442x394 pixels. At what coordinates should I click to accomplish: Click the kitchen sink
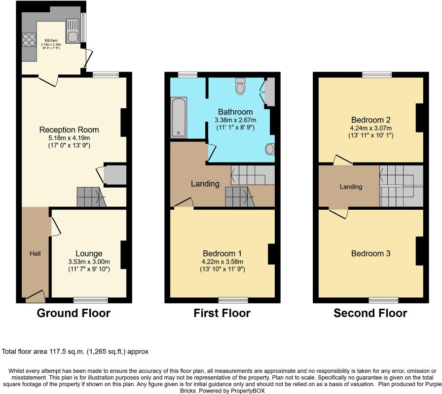click(x=73, y=31)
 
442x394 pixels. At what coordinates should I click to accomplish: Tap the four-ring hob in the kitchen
click(x=29, y=40)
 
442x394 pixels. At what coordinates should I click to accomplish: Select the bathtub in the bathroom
click(x=179, y=117)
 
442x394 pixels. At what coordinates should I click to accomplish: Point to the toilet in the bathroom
click(x=240, y=86)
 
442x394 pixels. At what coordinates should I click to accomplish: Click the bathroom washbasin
click(x=270, y=149)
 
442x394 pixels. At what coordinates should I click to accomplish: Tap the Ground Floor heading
click(x=74, y=313)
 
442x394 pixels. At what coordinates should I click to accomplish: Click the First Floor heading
click(x=222, y=313)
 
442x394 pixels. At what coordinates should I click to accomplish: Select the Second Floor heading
click(x=370, y=313)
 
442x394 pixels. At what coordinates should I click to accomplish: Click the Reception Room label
click(x=69, y=130)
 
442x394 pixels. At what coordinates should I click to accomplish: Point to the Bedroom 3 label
click(x=370, y=254)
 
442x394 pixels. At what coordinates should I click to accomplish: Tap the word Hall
click(x=35, y=254)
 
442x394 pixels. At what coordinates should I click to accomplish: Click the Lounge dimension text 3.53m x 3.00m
click(x=89, y=262)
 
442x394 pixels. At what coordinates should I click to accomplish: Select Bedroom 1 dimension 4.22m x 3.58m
click(x=222, y=262)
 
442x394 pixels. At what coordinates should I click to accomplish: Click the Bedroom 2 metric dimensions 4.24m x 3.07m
click(x=370, y=128)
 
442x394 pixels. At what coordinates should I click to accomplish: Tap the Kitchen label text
click(x=51, y=40)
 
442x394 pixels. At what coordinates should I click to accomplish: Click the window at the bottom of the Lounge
click(x=91, y=300)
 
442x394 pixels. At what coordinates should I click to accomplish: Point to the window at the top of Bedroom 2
click(x=377, y=74)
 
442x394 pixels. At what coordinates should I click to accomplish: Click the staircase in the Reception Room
click(x=91, y=197)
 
